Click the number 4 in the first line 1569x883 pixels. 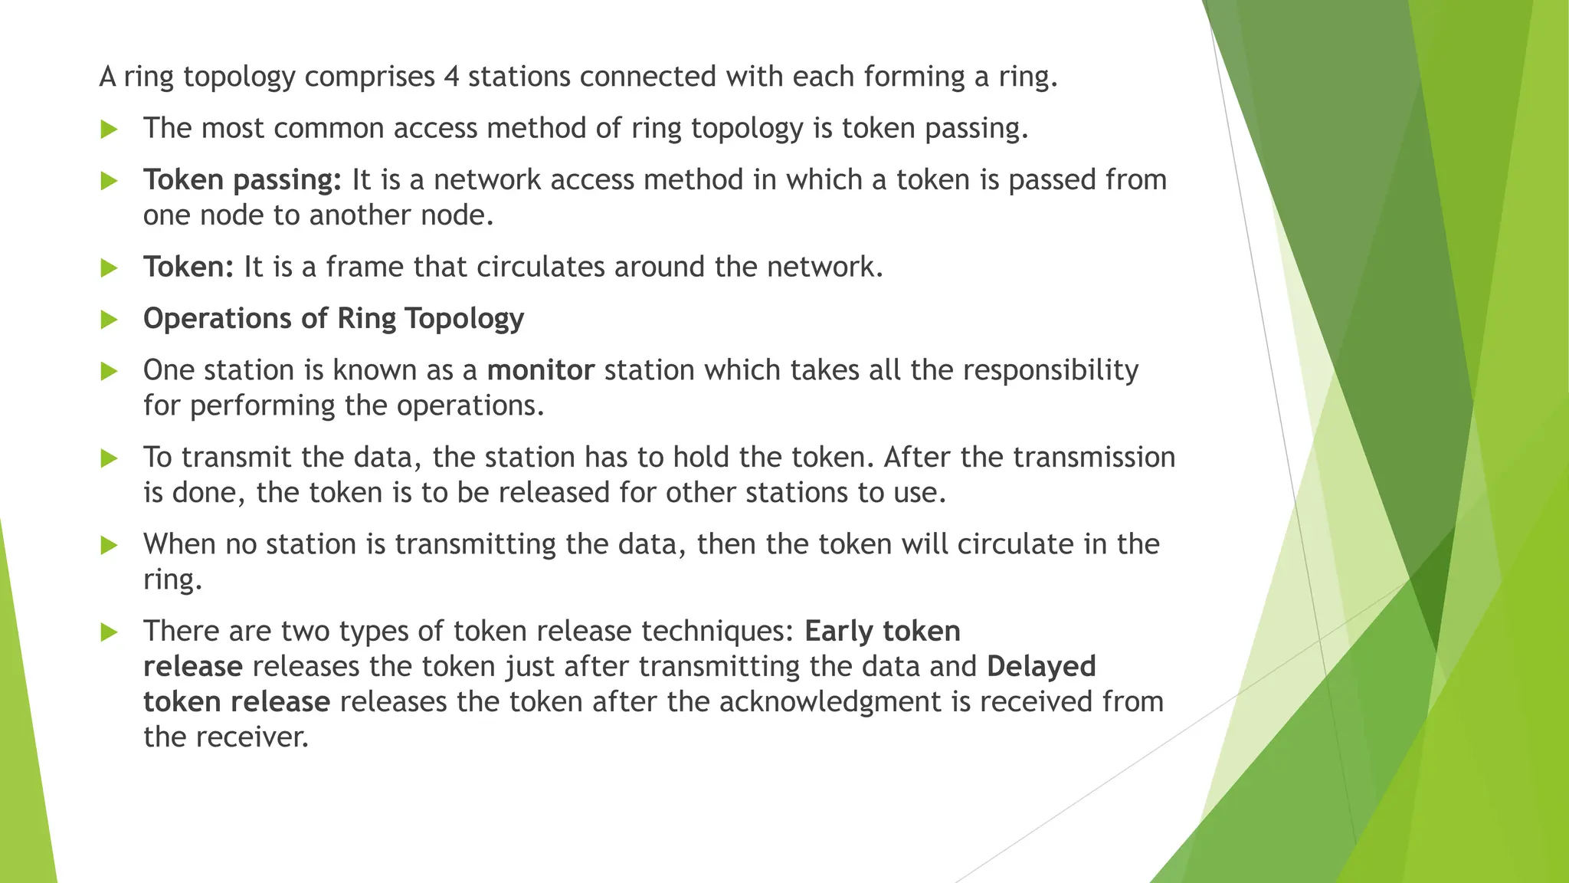451,77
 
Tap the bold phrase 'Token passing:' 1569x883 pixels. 242,179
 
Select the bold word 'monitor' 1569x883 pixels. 540,370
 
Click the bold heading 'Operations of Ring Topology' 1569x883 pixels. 333,318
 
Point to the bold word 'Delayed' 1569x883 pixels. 1041,666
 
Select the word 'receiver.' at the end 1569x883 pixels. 225,737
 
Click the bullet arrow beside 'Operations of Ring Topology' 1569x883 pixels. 110,320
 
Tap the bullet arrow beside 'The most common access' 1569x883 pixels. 110,129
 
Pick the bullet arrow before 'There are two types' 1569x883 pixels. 110,632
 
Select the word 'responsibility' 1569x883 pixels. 1050,370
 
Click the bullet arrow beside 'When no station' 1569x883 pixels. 110,546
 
